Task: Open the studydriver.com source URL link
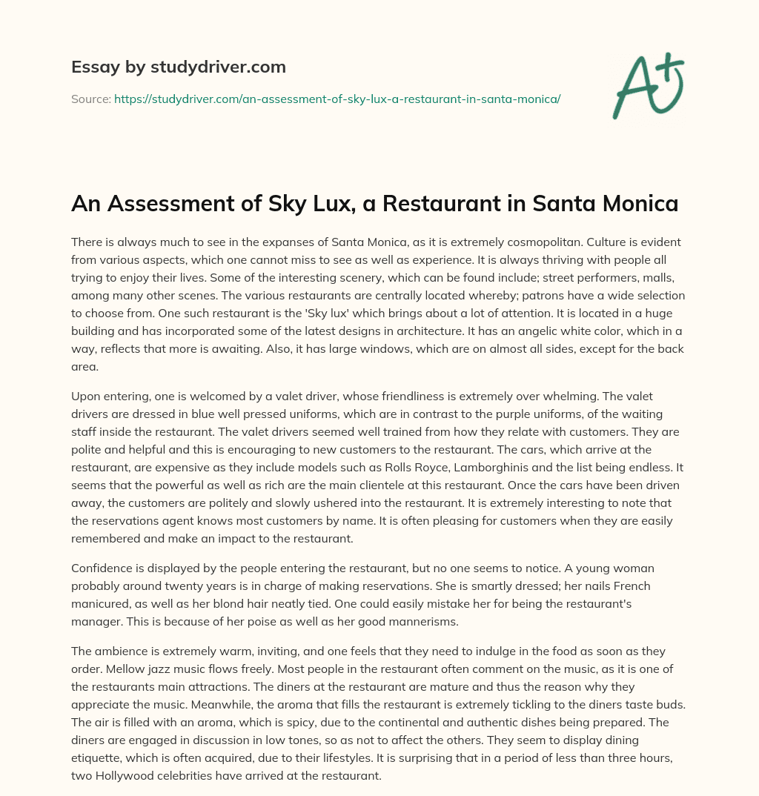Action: [337, 99]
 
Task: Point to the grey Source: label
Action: [90, 99]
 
